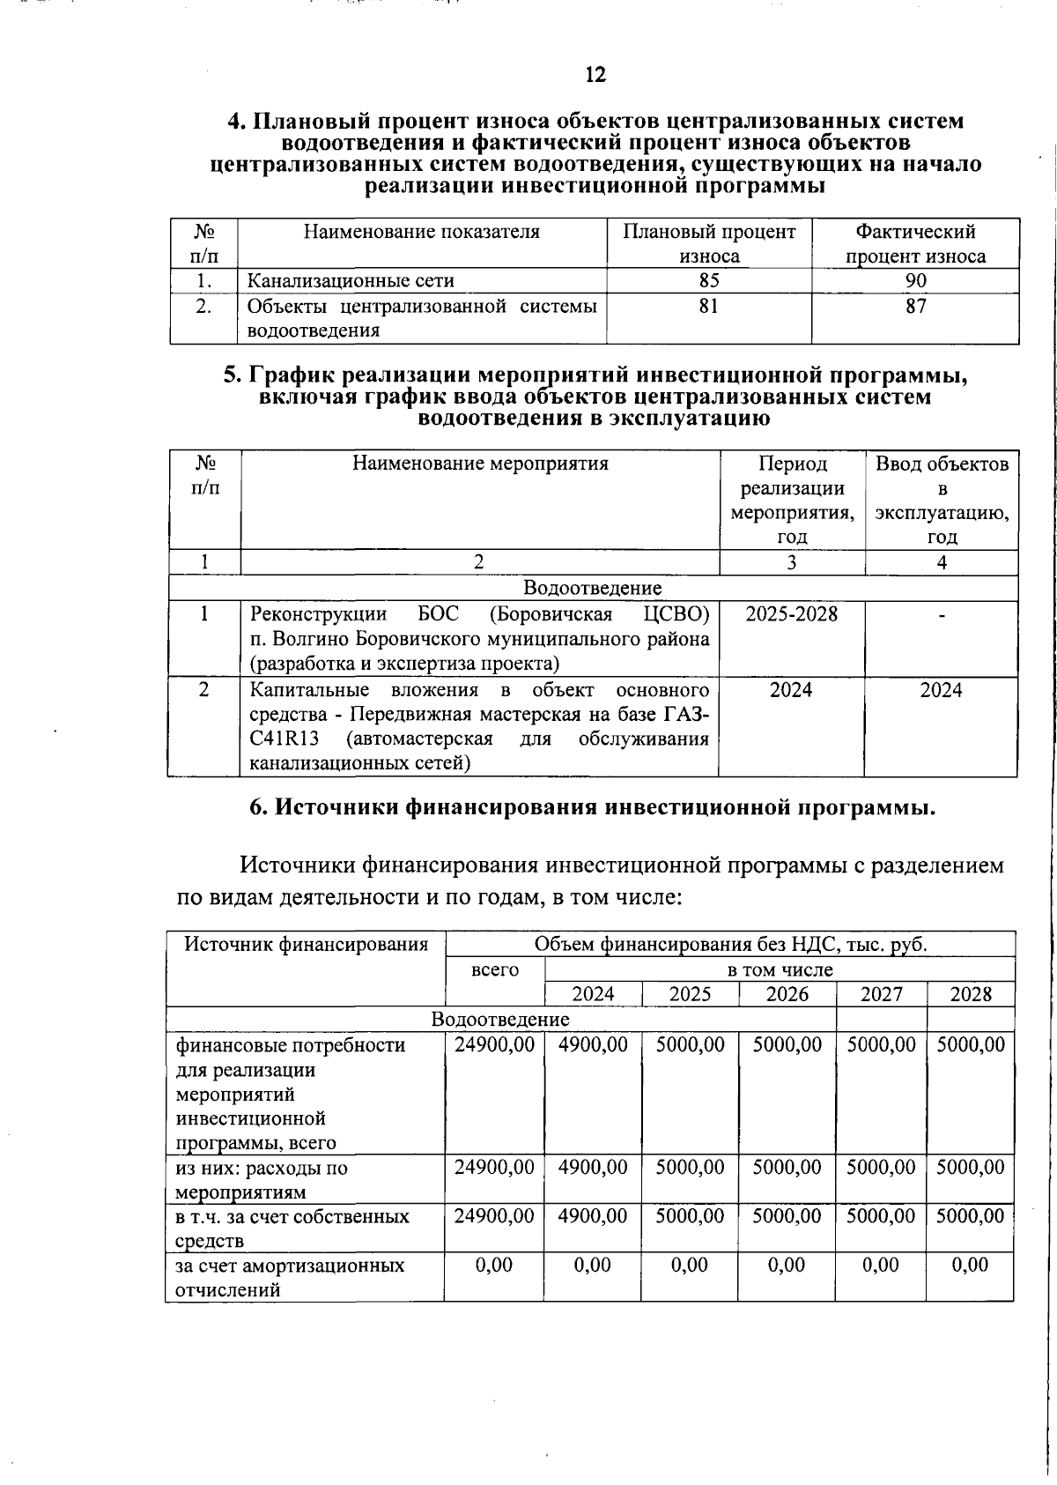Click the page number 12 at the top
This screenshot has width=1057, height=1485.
(595, 74)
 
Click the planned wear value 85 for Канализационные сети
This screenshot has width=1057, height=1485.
(708, 280)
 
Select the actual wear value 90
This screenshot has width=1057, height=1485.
(915, 280)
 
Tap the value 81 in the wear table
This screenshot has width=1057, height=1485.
(708, 306)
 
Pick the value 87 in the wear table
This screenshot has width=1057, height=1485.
(915, 306)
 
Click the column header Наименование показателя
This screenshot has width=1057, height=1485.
(421, 232)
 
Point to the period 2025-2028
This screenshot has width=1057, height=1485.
(791, 613)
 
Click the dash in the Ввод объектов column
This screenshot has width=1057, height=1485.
(942, 615)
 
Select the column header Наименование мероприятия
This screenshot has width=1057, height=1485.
(480, 464)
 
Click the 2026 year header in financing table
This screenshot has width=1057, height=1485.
(787, 994)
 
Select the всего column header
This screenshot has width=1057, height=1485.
(495, 969)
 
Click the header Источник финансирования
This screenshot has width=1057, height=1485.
(306, 945)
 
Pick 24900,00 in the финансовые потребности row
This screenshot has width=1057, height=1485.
(494, 1044)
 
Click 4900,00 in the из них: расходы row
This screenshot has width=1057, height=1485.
(593, 1167)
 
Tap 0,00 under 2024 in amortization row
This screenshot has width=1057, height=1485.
(592, 1265)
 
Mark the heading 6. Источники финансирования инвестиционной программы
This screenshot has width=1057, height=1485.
(592, 807)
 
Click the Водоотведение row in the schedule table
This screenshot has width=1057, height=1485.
(592, 588)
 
